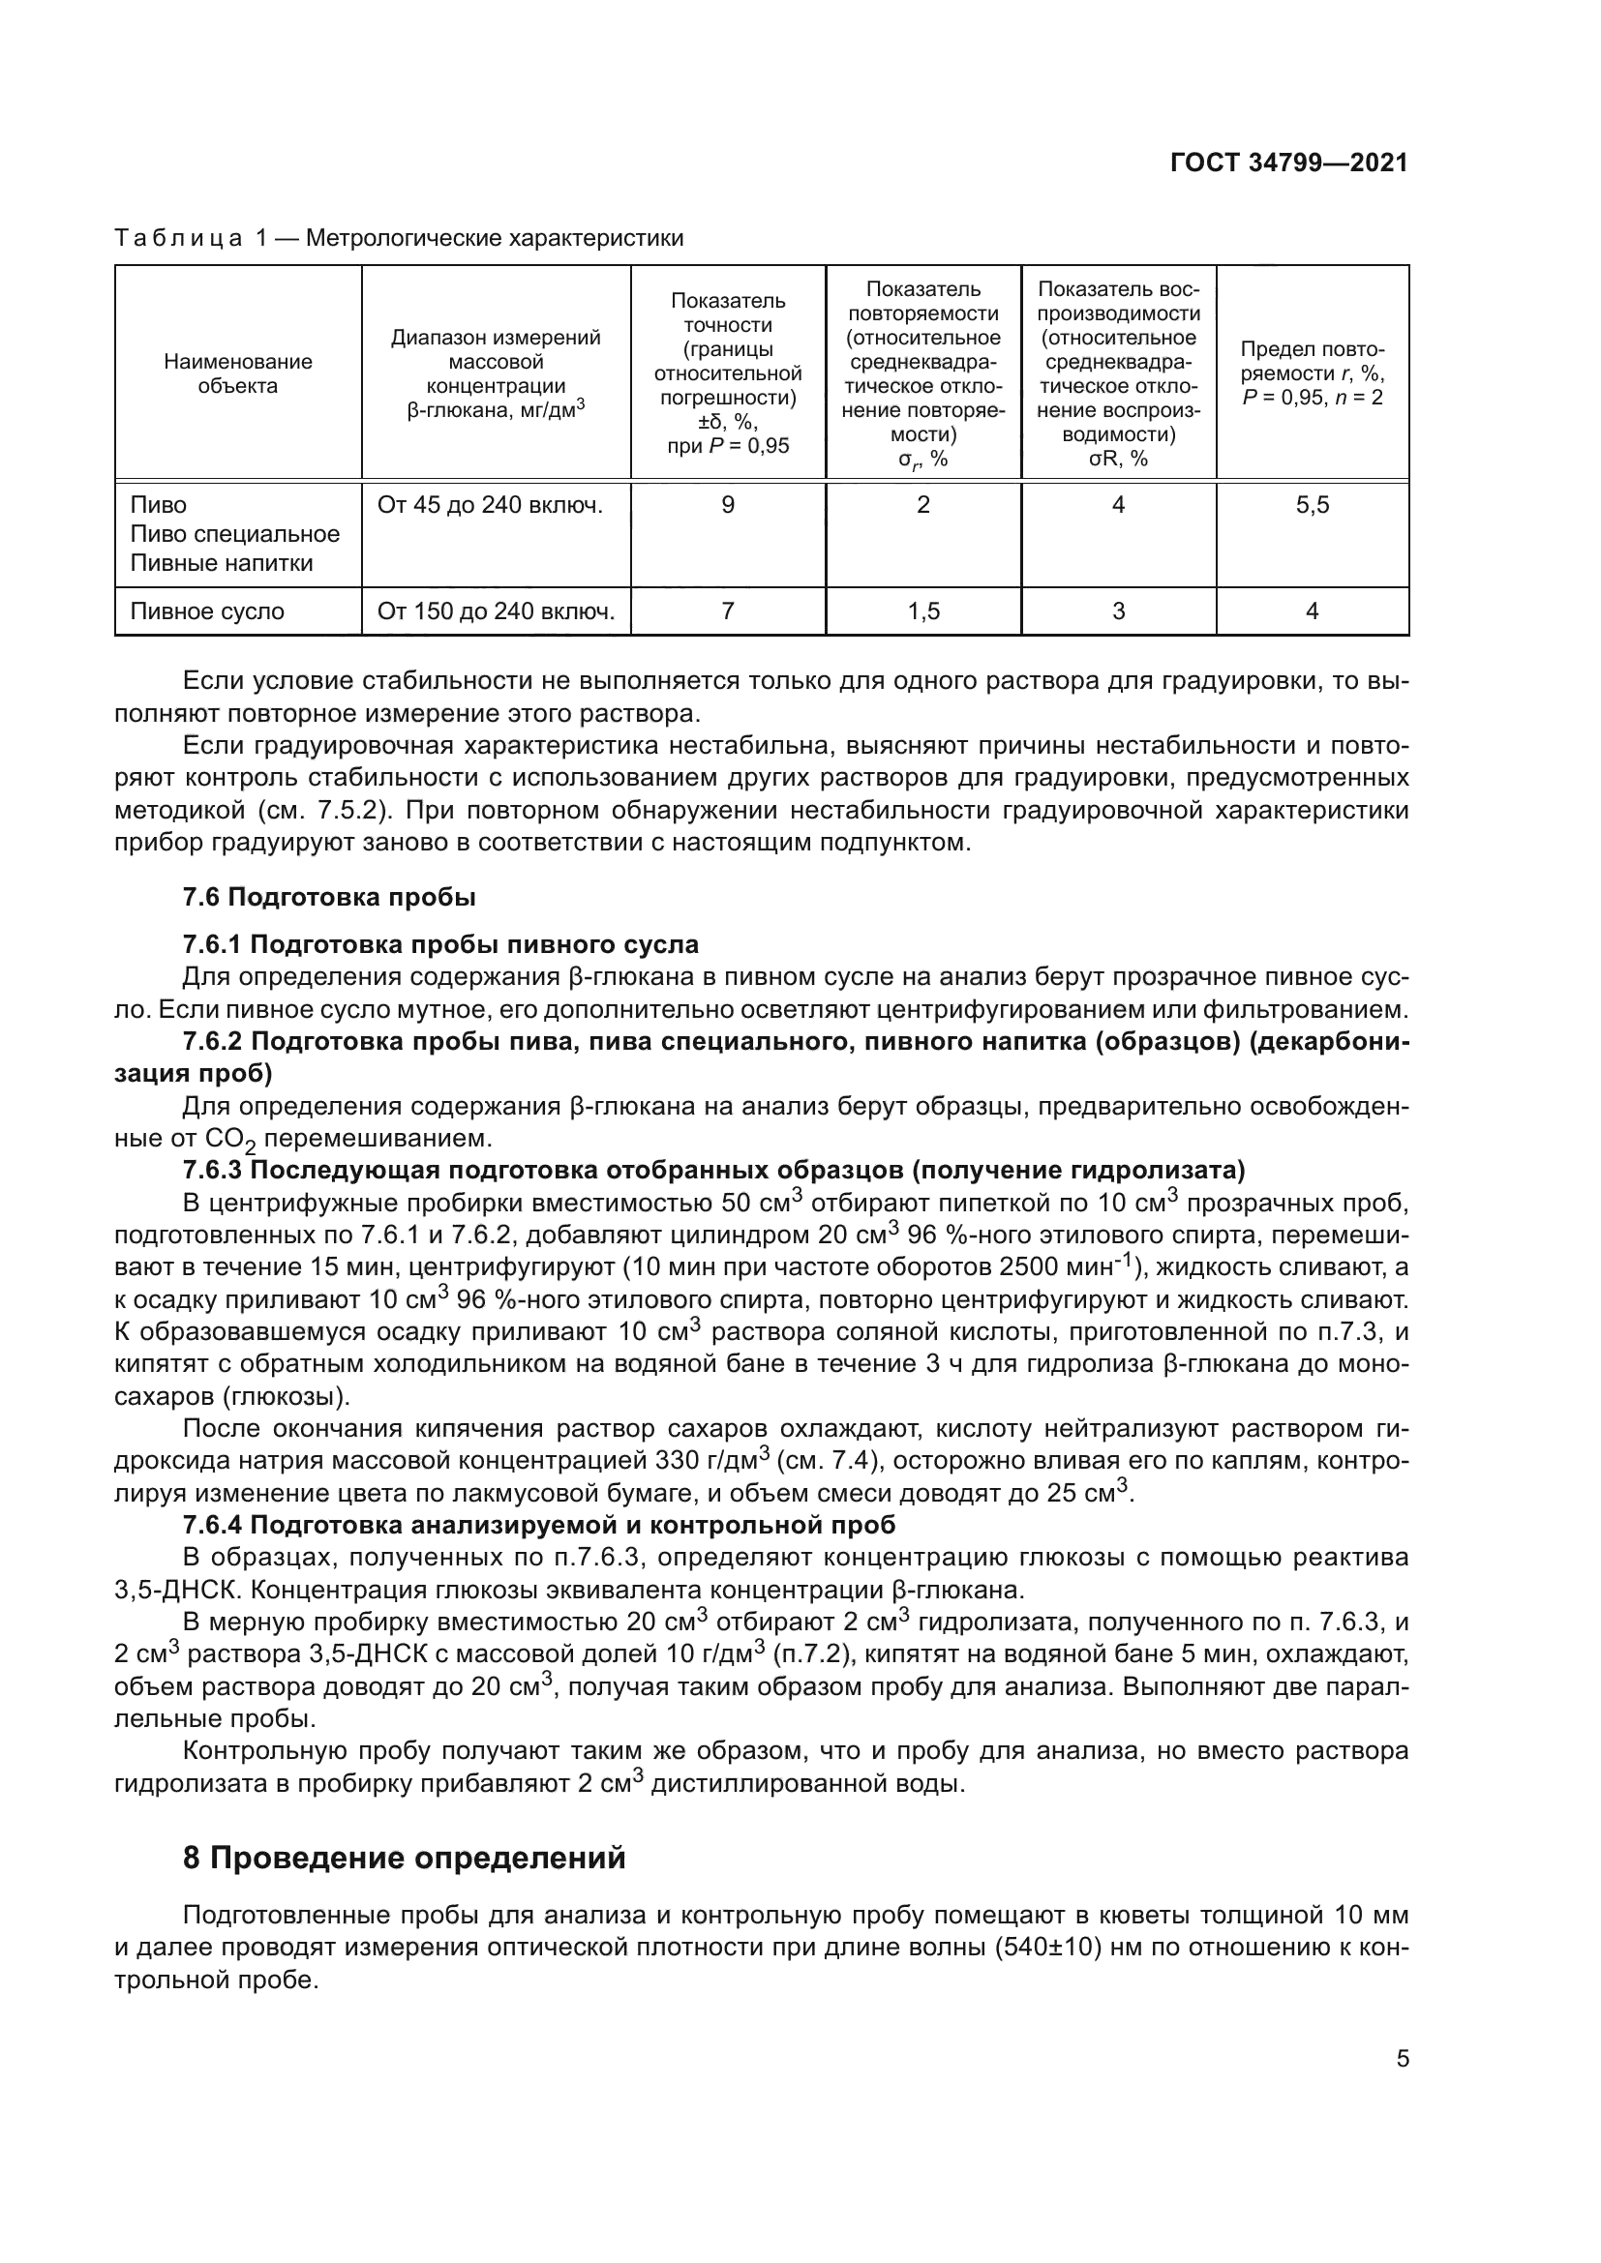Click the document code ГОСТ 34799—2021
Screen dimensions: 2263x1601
pyautogui.click(x=1288, y=163)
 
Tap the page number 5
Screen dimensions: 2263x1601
pyautogui.click(x=1402, y=2058)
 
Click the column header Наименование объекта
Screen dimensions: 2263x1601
pyautogui.click(x=237, y=373)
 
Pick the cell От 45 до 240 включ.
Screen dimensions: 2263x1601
pyautogui.click(x=490, y=505)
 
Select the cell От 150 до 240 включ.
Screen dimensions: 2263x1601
pyautogui.click(x=496, y=611)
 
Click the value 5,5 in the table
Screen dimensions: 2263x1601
pyautogui.click(x=1313, y=505)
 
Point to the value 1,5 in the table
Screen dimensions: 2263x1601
pyautogui.click(x=922, y=611)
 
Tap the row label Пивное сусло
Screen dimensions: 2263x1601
pyautogui.click(x=207, y=611)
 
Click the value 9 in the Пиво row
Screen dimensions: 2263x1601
pyautogui.click(x=728, y=505)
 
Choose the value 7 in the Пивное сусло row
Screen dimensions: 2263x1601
pyautogui.click(x=728, y=611)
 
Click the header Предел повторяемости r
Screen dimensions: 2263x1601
pyautogui.click(x=1313, y=373)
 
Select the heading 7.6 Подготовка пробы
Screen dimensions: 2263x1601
pyautogui.click(x=329, y=897)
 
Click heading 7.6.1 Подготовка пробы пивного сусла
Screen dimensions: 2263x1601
pyautogui.click(x=440, y=944)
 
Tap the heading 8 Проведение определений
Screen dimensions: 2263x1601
pyautogui.click(x=405, y=1858)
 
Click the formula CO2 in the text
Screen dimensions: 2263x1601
pyautogui.click(x=230, y=1140)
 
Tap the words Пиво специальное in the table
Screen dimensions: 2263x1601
pyautogui.click(x=234, y=534)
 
